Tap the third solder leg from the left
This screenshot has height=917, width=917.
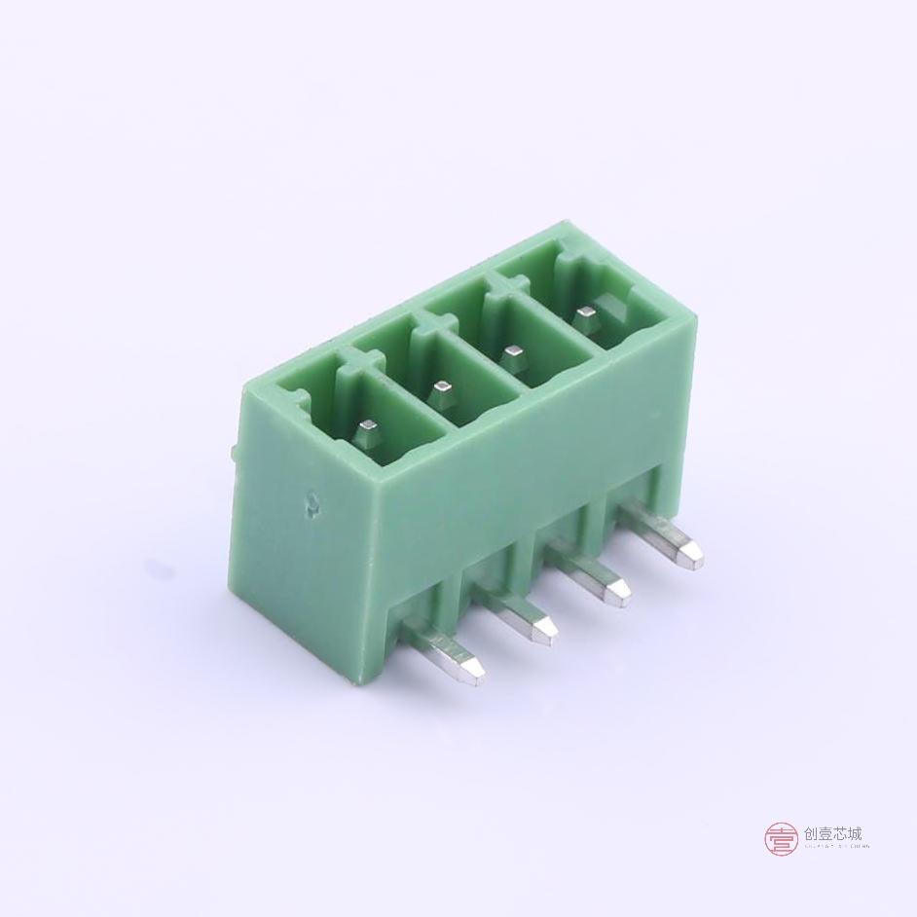click(x=589, y=578)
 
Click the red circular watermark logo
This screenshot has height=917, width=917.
click(x=781, y=838)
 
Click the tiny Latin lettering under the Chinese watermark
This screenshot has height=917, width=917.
click(x=833, y=847)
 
